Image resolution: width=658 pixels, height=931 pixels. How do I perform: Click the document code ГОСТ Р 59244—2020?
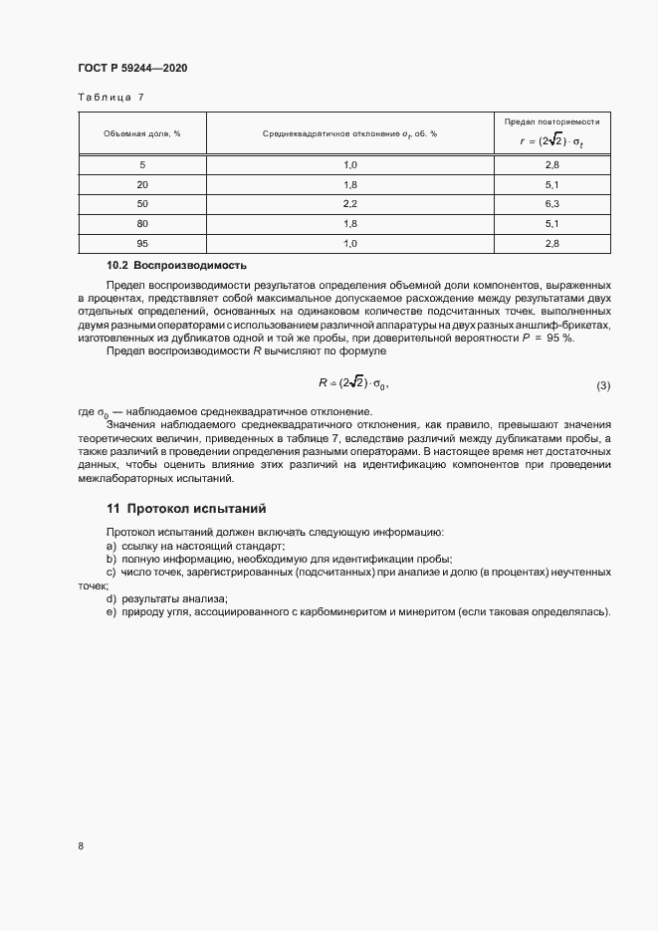pyautogui.click(x=131, y=68)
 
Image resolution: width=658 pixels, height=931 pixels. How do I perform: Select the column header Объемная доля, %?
pyautogui.click(x=141, y=133)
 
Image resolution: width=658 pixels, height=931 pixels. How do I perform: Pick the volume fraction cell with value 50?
pyautogui.click(x=141, y=203)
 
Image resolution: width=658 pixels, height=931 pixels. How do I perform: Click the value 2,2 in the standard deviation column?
pyautogui.click(x=349, y=203)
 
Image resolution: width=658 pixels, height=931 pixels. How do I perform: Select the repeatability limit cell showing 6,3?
pyautogui.click(x=551, y=203)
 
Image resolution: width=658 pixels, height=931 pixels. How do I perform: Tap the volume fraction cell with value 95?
pyautogui.click(x=141, y=243)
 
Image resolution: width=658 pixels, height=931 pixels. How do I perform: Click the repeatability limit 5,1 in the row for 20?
pyautogui.click(x=551, y=184)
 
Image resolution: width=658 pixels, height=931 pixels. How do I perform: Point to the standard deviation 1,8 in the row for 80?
pyautogui.click(x=349, y=223)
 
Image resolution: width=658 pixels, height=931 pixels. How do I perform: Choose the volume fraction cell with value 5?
pyautogui.click(x=141, y=164)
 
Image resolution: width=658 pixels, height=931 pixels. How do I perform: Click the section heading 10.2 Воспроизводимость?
pyautogui.click(x=176, y=266)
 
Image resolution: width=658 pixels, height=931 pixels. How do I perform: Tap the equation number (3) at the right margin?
pyautogui.click(x=602, y=384)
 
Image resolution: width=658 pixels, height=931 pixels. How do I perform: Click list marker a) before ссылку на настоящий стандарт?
pyautogui.click(x=110, y=546)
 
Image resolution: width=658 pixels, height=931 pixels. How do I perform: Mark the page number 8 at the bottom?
pyautogui.click(x=80, y=845)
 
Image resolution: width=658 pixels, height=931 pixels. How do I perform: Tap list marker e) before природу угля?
pyautogui.click(x=110, y=611)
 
